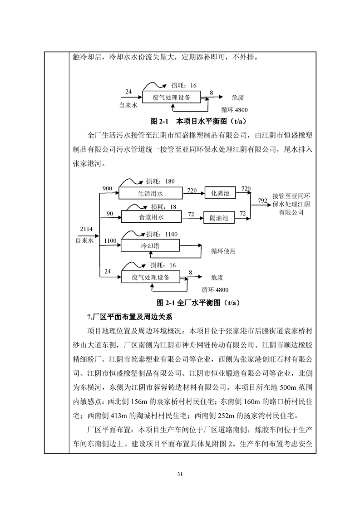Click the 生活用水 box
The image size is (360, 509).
click(x=151, y=193)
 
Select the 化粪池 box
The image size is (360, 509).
click(x=221, y=193)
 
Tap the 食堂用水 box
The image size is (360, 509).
click(x=151, y=217)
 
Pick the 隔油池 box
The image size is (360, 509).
click(x=219, y=218)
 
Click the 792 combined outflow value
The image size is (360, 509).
click(x=262, y=201)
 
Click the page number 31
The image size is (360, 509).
click(x=180, y=474)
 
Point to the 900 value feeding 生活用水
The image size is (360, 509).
click(x=107, y=189)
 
